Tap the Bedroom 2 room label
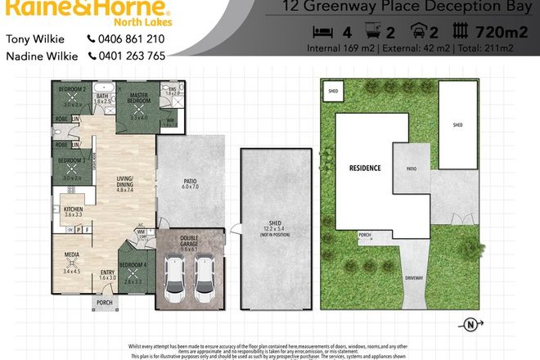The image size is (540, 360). point(73,88)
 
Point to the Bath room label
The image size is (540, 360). point(102,96)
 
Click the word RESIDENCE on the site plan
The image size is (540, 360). point(365,168)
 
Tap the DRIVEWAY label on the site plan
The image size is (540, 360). point(414,279)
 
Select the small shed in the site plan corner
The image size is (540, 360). point(333,92)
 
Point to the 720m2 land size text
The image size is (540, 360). point(501,33)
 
